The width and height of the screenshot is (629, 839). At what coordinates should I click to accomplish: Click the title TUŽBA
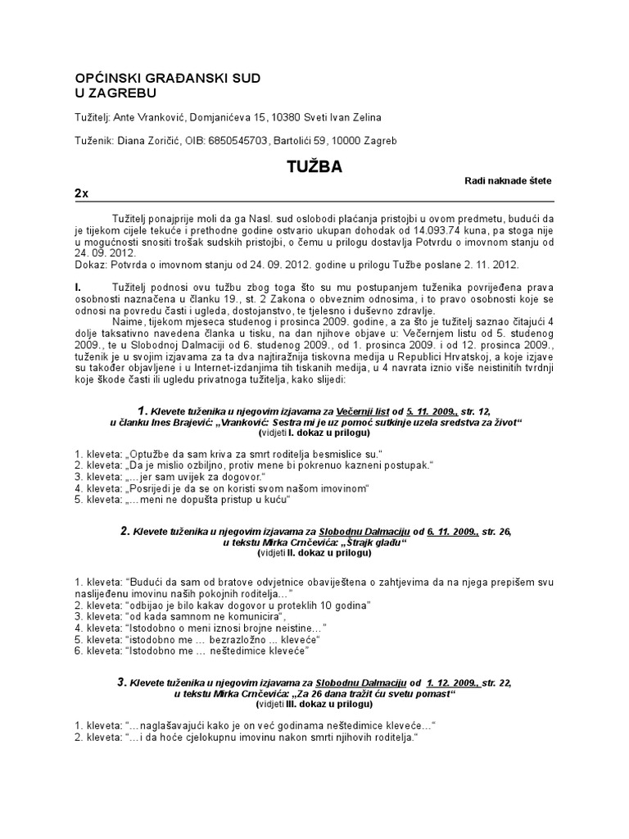(x=314, y=167)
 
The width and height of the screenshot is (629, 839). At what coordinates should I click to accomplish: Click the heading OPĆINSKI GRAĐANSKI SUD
(x=168, y=78)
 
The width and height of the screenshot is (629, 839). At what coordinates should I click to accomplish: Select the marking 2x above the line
(x=81, y=193)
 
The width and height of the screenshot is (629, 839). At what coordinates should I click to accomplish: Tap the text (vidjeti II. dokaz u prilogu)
(x=314, y=553)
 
